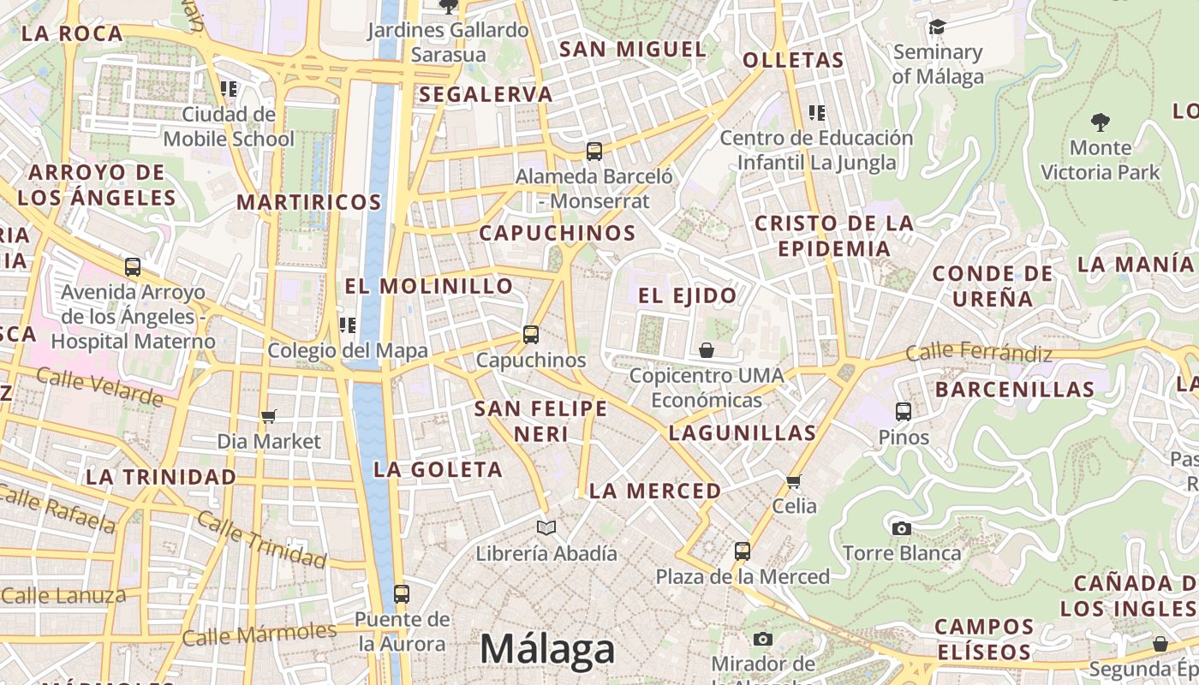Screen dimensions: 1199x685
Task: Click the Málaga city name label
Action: pos(546,649)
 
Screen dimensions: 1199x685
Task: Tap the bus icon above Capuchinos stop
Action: pos(531,335)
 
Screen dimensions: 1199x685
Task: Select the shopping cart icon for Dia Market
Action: pos(269,417)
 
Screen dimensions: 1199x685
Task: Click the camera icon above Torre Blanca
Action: pos(901,528)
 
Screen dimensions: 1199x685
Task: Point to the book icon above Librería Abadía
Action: pos(546,527)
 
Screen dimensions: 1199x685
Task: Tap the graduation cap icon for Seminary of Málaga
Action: pos(937,27)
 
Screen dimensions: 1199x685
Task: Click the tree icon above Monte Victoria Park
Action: pos(1101,122)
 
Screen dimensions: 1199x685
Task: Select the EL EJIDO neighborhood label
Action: pos(687,296)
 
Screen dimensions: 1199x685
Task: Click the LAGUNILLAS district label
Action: pos(743,432)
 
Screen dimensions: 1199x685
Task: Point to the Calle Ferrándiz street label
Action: pos(979,351)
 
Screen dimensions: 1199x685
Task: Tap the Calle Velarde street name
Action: pos(99,388)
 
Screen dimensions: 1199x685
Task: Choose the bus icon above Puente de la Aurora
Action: pos(401,593)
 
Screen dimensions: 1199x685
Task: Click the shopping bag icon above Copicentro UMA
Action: pos(707,350)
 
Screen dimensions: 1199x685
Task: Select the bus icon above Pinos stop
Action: pos(904,412)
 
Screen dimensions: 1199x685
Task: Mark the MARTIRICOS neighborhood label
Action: pos(308,202)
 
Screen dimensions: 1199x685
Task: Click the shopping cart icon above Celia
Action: pos(794,481)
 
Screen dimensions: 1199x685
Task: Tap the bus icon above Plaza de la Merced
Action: pos(743,551)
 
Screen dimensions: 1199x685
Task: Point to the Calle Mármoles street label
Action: pos(259,634)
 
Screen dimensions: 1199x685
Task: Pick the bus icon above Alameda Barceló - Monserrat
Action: pos(594,152)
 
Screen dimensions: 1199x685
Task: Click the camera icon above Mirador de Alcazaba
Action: pos(762,639)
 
